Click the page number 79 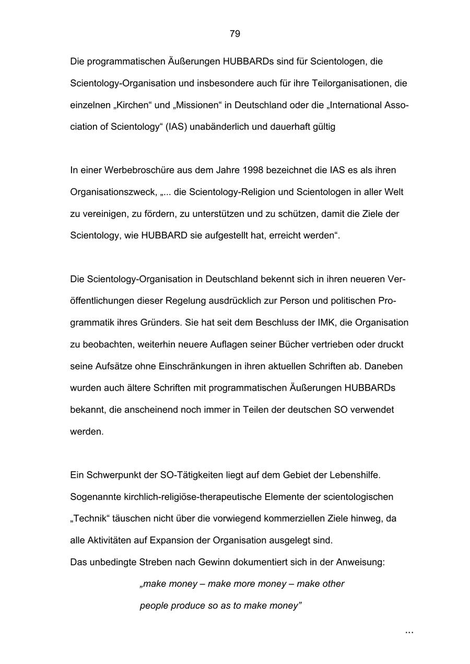(x=235, y=34)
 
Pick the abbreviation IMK (x=327, y=322)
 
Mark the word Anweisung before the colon (x=358, y=562)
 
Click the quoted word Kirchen (x=134, y=105)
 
